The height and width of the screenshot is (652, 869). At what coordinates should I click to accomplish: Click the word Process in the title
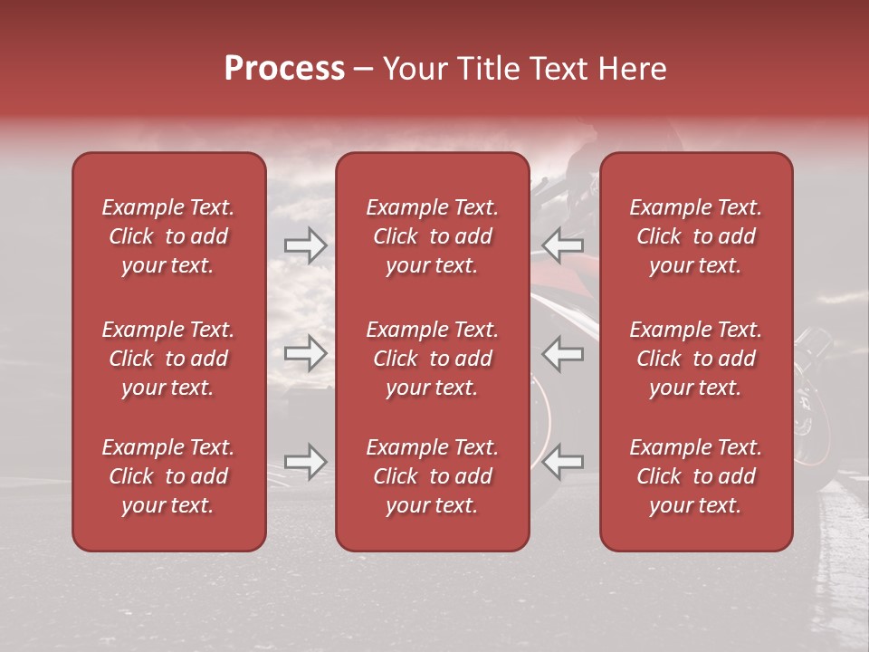coord(284,69)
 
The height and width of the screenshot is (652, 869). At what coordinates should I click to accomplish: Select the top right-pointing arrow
coord(305,244)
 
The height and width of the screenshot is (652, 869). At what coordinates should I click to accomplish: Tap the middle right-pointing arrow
coord(305,353)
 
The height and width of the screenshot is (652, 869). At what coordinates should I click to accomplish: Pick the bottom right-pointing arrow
coord(305,462)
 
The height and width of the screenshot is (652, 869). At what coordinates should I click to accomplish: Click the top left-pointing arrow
coord(563,244)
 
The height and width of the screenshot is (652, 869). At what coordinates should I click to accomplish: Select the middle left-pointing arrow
coord(563,353)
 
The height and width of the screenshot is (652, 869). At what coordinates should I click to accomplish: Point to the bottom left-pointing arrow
coord(563,462)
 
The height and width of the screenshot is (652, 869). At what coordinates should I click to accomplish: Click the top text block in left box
coord(168,236)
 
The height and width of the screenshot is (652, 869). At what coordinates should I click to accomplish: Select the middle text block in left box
coord(168,359)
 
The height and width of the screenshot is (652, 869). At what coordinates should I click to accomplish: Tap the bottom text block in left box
coord(168,476)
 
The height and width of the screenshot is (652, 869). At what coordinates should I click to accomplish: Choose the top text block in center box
coord(432,236)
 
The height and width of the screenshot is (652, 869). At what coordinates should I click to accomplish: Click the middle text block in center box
coord(432,359)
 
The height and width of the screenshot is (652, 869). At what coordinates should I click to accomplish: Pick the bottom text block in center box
coord(432,476)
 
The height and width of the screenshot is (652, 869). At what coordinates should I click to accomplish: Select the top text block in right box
coord(695,236)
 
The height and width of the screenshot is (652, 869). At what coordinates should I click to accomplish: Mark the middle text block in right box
coord(695,359)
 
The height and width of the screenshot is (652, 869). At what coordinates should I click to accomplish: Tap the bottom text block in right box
coord(695,476)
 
